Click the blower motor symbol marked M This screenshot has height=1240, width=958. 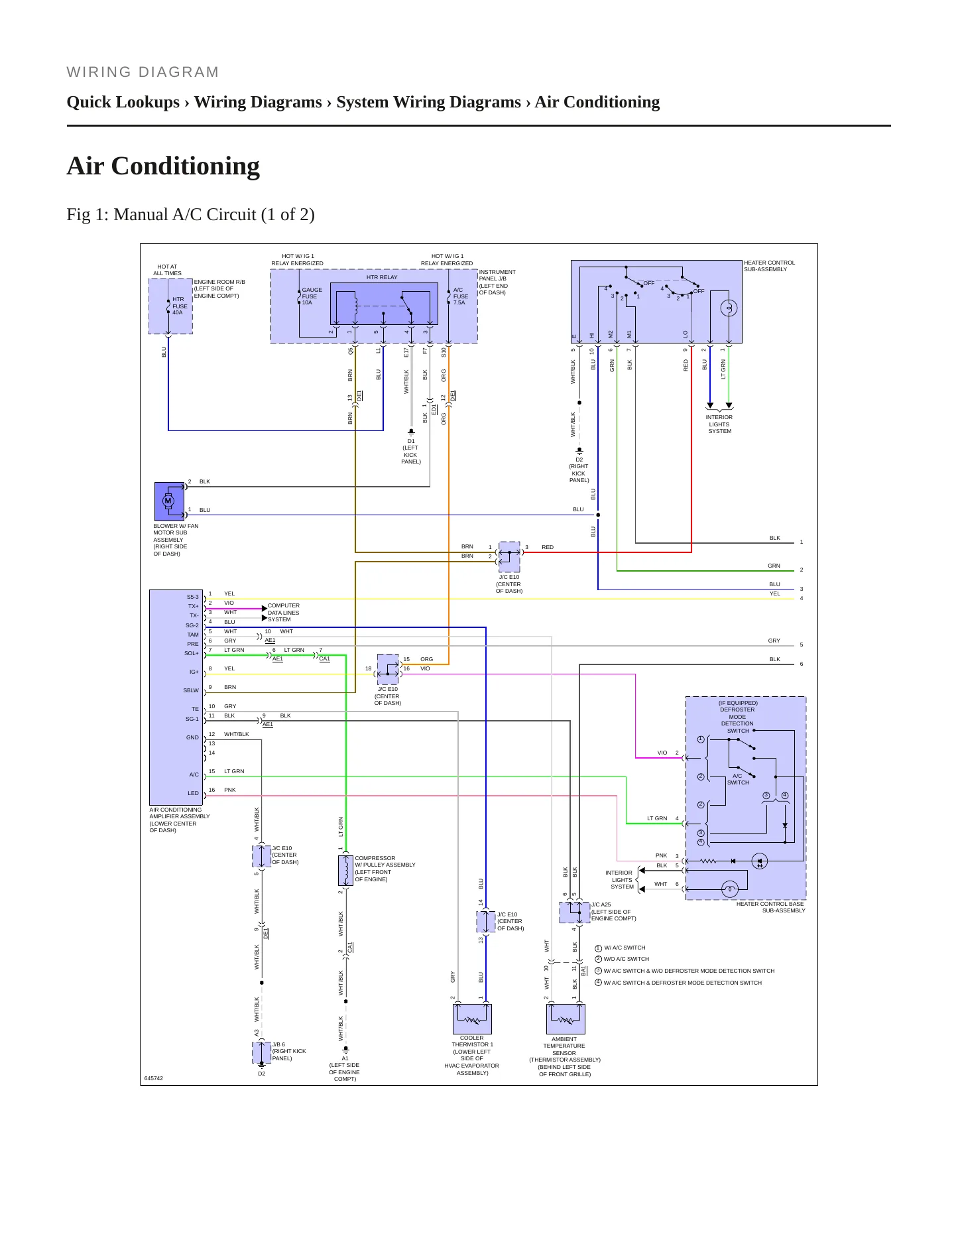[x=169, y=501]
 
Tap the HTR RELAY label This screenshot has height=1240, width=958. [x=382, y=277]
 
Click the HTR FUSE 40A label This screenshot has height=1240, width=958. [x=180, y=306]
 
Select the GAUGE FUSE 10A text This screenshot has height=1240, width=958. [x=312, y=296]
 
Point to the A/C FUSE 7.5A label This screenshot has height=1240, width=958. [x=460, y=296]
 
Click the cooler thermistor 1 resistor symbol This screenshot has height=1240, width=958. [x=472, y=1019]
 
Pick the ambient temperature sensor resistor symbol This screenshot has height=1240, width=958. [x=566, y=1019]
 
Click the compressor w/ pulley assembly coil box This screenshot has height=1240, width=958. [x=345, y=871]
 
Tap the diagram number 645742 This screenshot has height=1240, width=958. [x=154, y=1078]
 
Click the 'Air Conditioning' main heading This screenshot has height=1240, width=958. [x=163, y=166]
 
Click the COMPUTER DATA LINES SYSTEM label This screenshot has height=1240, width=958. [x=283, y=613]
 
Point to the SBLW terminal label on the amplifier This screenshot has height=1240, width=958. [x=191, y=690]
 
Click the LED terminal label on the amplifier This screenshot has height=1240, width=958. [x=193, y=793]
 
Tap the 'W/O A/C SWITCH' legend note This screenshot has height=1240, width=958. [x=626, y=959]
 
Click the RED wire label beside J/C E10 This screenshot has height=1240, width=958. [x=548, y=547]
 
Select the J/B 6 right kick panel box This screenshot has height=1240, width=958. [x=262, y=1052]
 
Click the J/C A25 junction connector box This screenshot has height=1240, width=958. [x=575, y=912]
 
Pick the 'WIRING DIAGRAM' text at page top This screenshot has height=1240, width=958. [x=143, y=72]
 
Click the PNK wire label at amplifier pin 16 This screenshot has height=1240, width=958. [x=230, y=790]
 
